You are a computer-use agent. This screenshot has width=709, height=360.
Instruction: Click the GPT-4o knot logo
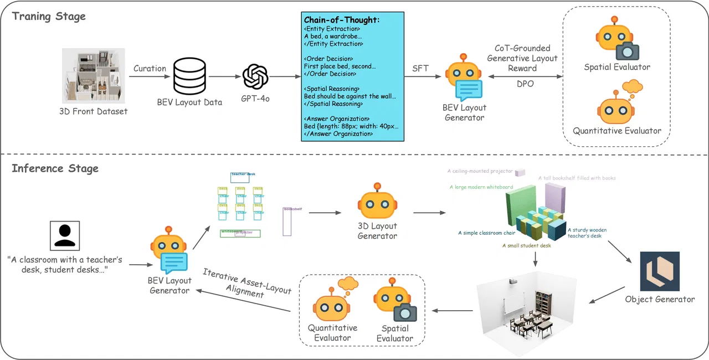[x=255, y=76]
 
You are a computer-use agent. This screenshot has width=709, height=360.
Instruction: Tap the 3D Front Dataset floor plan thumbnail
[x=93, y=76]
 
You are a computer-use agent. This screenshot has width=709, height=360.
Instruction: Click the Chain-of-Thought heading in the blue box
[x=342, y=20]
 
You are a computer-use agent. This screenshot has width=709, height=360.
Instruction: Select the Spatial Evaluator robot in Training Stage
[x=616, y=42]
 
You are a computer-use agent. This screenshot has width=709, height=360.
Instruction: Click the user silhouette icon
[x=65, y=235]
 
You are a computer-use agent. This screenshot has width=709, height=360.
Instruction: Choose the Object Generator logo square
[x=660, y=271]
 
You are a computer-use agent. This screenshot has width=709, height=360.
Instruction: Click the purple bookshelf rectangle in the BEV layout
[x=287, y=222]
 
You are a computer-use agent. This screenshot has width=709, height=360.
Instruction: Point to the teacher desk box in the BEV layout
[x=239, y=177]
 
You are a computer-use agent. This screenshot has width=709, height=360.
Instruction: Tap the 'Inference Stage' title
[x=55, y=168]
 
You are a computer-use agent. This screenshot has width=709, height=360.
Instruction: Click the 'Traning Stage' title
[x=49, y=16]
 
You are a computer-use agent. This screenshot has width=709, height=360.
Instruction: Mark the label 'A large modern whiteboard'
[x=481, y=187]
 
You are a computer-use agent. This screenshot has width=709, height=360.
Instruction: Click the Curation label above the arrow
[x=150, y=69]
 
